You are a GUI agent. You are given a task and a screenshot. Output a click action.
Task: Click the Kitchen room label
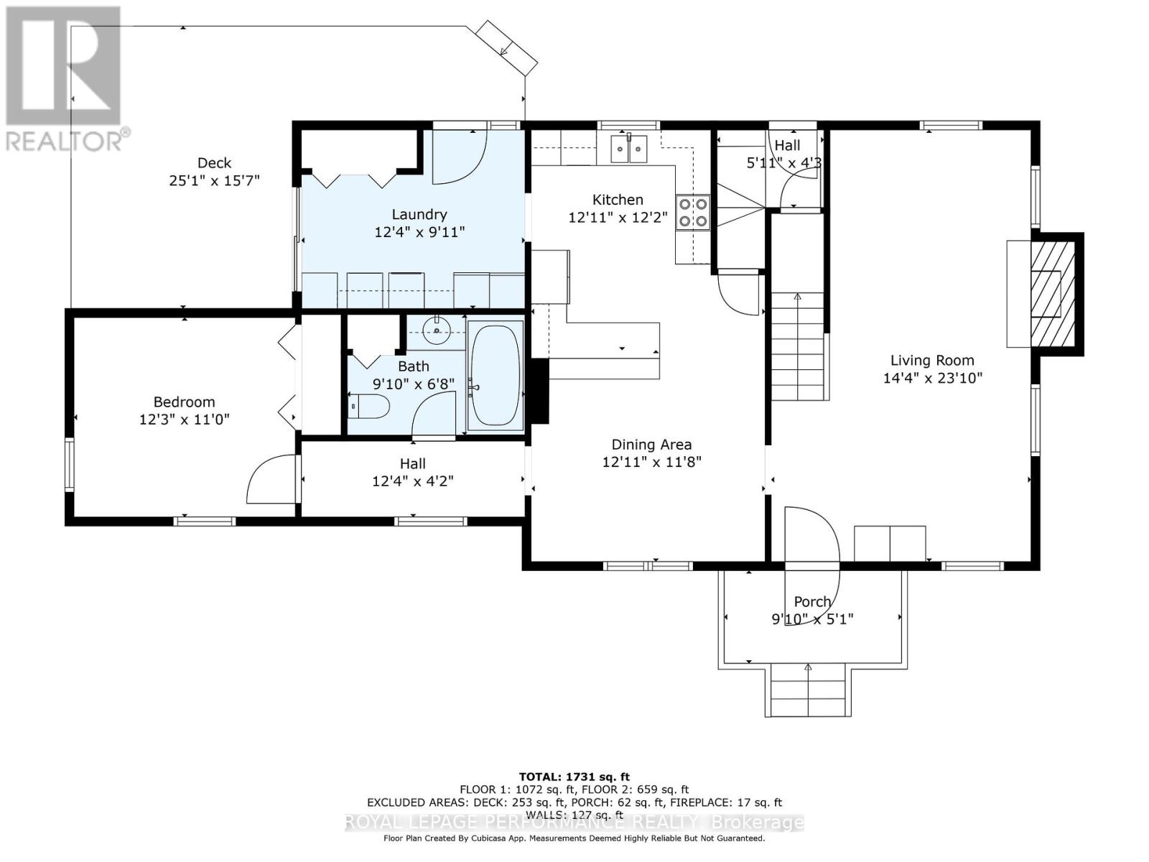[617, 200]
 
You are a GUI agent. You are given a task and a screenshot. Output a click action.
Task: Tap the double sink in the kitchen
[628, 149]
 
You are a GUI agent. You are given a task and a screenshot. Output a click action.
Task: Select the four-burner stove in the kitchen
[693, 213]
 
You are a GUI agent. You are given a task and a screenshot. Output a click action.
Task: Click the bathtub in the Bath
[495, 376]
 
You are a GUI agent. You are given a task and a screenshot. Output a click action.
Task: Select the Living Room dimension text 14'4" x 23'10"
[932, 378]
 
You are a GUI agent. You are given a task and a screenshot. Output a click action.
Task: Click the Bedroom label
[184, 402]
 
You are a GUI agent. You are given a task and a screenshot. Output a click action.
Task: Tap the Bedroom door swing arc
[269, 480]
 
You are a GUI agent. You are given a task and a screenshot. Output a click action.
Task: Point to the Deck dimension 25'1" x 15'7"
[214, 180]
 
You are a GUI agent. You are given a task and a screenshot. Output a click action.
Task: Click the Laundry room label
[419, 214]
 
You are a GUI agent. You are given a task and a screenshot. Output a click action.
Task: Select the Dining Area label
[651, 445]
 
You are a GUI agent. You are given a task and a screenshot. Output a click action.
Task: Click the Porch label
[812, 601]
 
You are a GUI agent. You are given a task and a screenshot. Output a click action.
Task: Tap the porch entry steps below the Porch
[809, 690]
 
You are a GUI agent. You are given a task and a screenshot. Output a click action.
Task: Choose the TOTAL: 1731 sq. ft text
[574, 777]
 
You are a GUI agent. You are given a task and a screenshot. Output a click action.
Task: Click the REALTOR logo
[63, 78]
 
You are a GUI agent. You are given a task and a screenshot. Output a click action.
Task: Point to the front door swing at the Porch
[811, 539]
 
